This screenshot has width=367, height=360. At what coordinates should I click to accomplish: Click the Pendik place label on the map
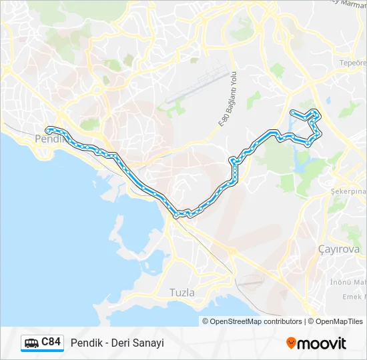(x=47, y=139)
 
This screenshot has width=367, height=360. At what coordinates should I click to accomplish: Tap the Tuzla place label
(x=182, y=293)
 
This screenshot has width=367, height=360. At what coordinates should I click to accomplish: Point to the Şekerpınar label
(x=348, y=191)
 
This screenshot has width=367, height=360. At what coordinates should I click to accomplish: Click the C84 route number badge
(x=51, y=342)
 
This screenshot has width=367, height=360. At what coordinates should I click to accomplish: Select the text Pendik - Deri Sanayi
(x=117, y=343)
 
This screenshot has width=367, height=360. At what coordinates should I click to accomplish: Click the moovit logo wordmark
(x=322, y=343)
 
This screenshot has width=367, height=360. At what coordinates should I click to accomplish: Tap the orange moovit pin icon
(x=291, y=343)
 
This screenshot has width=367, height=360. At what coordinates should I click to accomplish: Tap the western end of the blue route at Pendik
(x=47, y=129)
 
